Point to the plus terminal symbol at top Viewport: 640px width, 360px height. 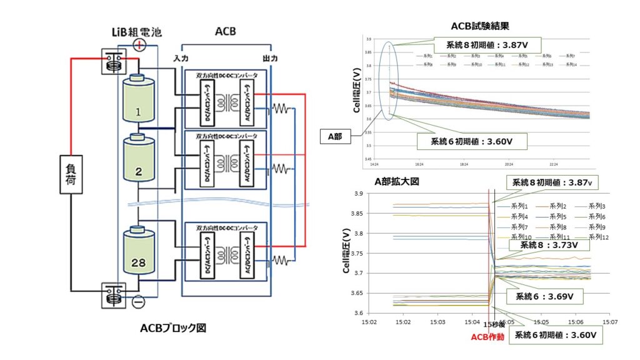click(x=140, y=45)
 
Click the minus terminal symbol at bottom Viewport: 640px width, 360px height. click(x=138, y=302)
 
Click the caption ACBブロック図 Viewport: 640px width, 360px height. click(x=172, y=328)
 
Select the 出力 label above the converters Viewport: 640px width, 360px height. click(x=271, y=58)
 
